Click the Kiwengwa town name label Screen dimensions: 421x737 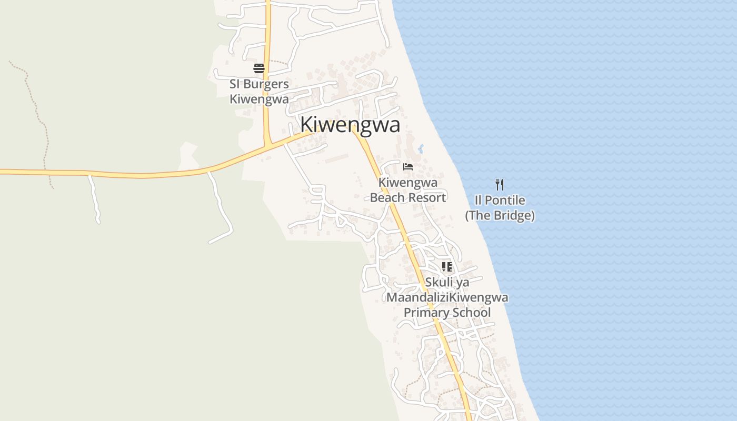point(350,125)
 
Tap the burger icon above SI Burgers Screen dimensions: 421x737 point(258,68)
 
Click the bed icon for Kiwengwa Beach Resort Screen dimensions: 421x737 point(407,167)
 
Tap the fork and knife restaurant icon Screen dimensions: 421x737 point(500,185)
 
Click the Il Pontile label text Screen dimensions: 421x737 point(500,201)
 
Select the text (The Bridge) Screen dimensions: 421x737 point(500,215)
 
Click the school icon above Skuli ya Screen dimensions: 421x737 point(446,267)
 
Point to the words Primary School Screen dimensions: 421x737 point(447,313)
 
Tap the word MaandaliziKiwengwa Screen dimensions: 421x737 point(447,297)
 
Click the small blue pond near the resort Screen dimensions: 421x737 point(420,149)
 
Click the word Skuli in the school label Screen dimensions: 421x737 point(439,283)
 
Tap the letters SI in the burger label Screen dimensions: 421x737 point(235,84)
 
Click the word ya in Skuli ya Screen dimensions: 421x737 point(463,283)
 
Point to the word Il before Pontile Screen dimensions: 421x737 point(478,201)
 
